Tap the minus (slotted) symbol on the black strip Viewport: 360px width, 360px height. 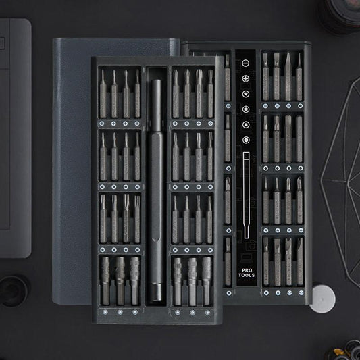pyautogui.click(x=245, y=63)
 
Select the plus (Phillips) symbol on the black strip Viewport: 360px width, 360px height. pyautogui.click(x=245, y=78)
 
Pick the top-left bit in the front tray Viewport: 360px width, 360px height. pyautogui.click(x=103, y=95)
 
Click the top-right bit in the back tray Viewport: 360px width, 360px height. pyautogui.click(x=299, y=78)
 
